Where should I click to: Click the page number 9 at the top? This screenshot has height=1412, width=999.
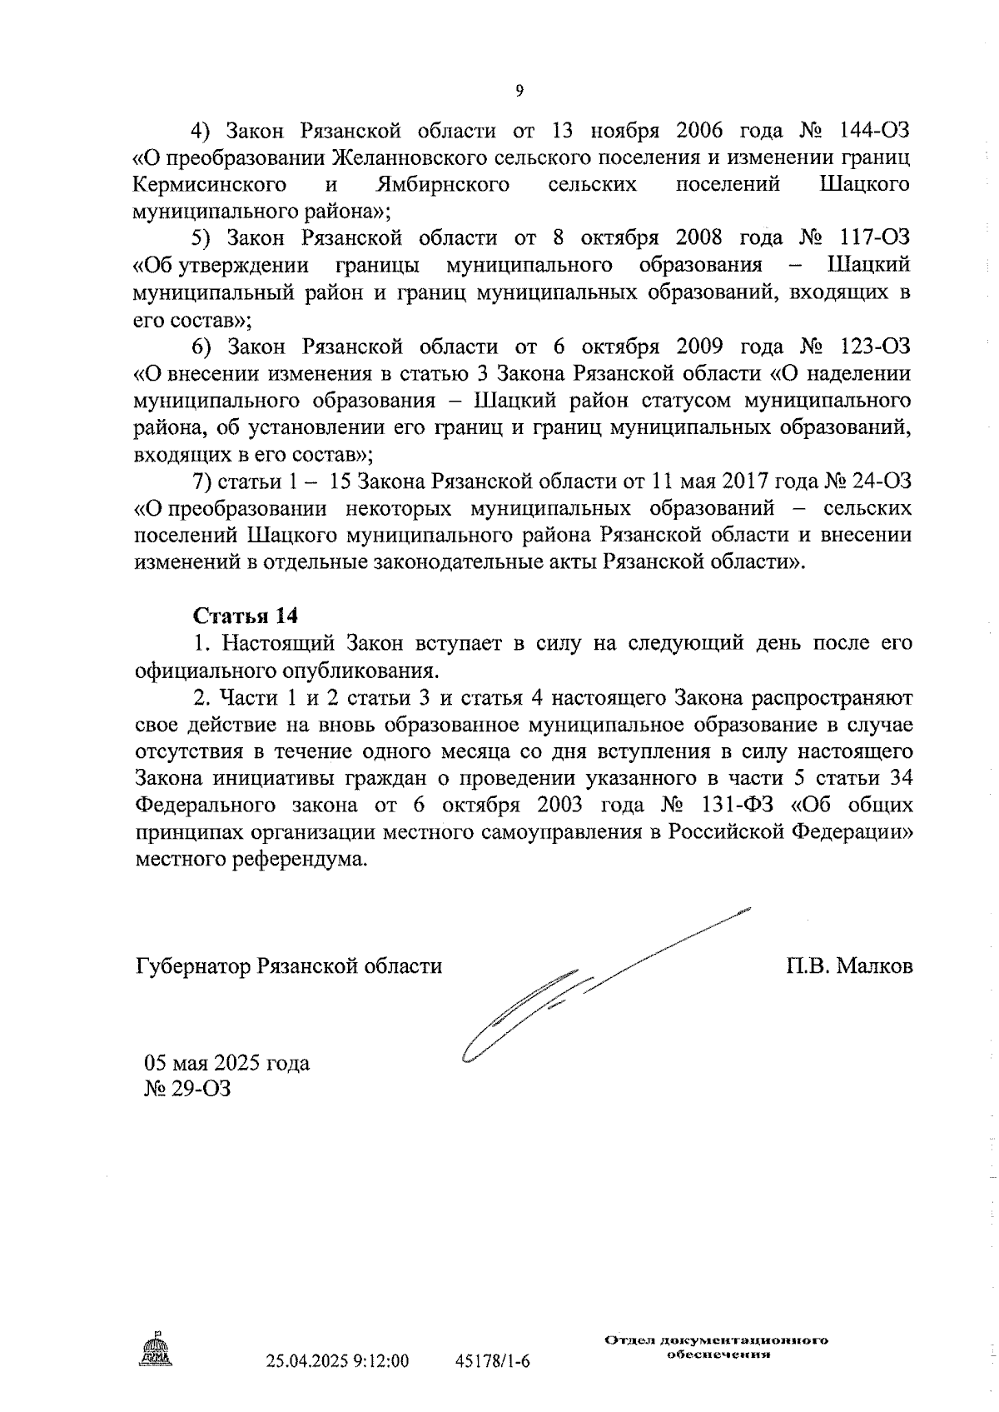point(519,92)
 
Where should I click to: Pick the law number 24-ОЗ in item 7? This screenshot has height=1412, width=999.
point(882,481)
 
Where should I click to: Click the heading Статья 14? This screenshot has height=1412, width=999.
point(246,616)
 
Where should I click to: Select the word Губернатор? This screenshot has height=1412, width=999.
point(192,966)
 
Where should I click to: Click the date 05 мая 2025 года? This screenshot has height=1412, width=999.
point(227,1064)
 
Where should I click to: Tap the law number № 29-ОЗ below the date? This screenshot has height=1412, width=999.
point(188,1089)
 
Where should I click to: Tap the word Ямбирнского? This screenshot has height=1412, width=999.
point(442,184)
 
